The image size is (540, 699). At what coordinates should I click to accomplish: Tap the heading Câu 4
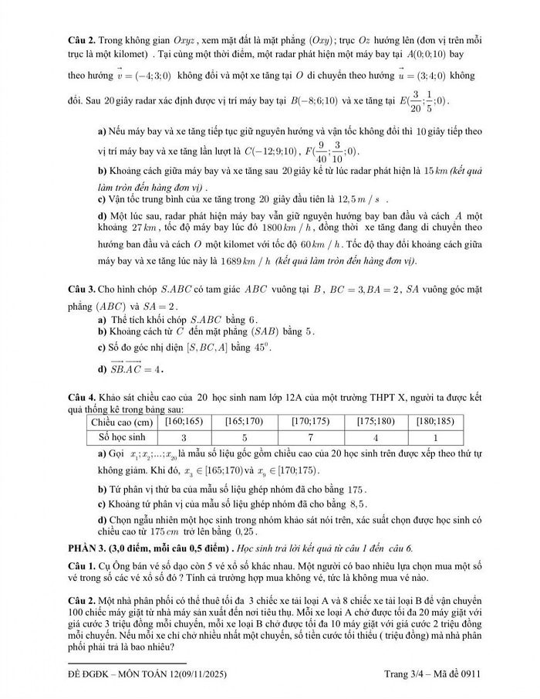[x=81, y=397]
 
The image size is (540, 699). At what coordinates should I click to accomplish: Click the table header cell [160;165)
[x=179, y=422]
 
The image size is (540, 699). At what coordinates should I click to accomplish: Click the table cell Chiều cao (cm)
[x=122, y=422]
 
